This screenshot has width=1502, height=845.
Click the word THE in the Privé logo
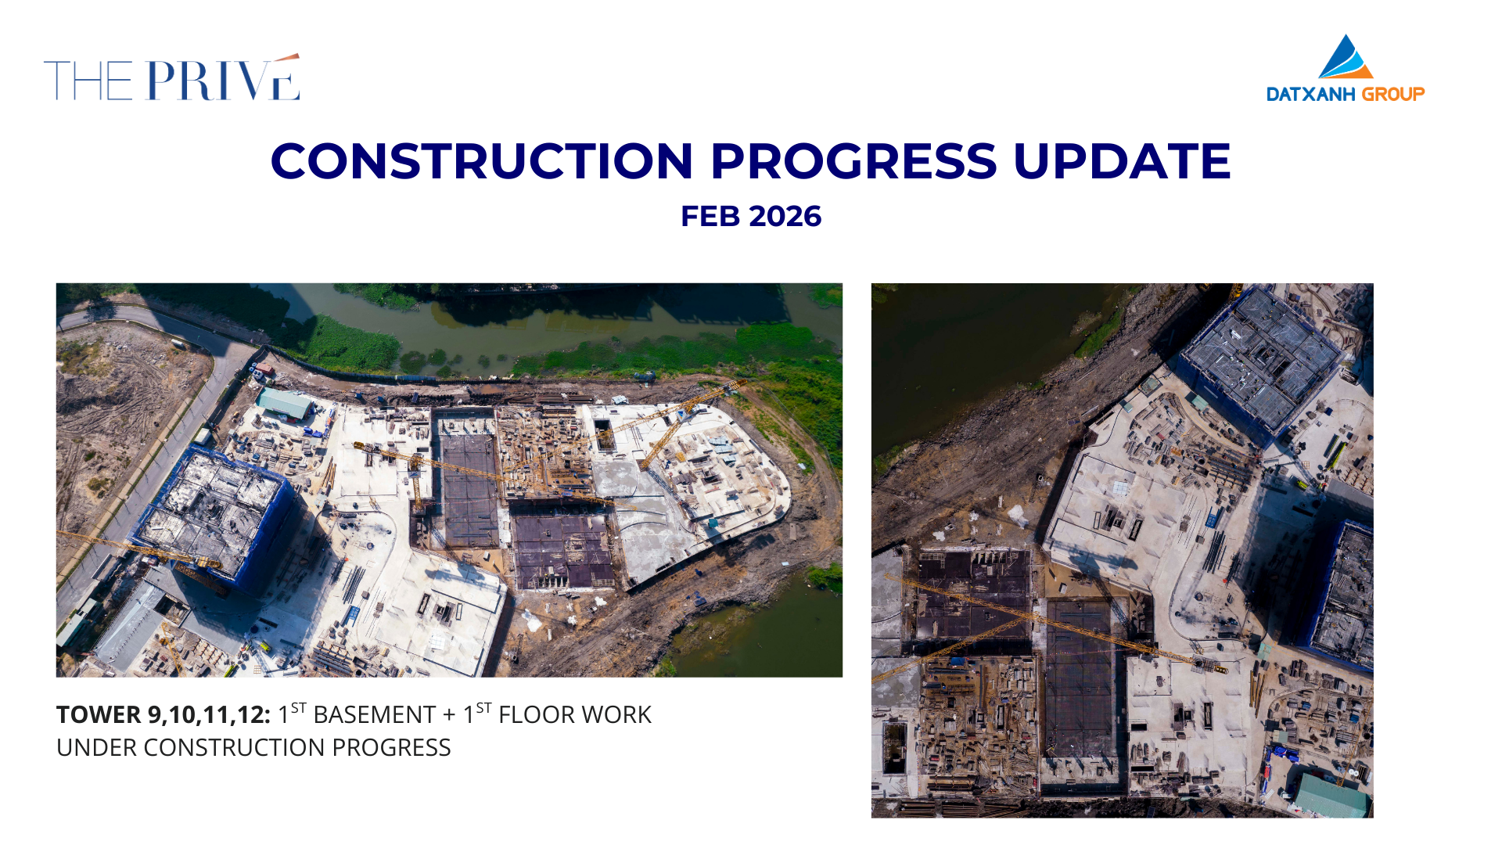88,81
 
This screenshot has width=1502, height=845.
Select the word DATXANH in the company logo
1311,95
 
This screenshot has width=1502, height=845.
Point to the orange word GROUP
1393,95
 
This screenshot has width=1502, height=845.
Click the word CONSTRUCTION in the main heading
482,161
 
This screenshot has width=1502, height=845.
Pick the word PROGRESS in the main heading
853,161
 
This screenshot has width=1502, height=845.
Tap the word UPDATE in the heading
1122,161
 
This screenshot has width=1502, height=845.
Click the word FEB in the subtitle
709,217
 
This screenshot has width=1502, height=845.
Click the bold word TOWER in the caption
99,714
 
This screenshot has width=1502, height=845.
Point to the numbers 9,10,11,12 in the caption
209,715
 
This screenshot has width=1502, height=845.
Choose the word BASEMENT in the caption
374,714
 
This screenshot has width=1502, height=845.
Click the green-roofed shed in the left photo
284,404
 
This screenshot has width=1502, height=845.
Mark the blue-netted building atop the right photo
1261,360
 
